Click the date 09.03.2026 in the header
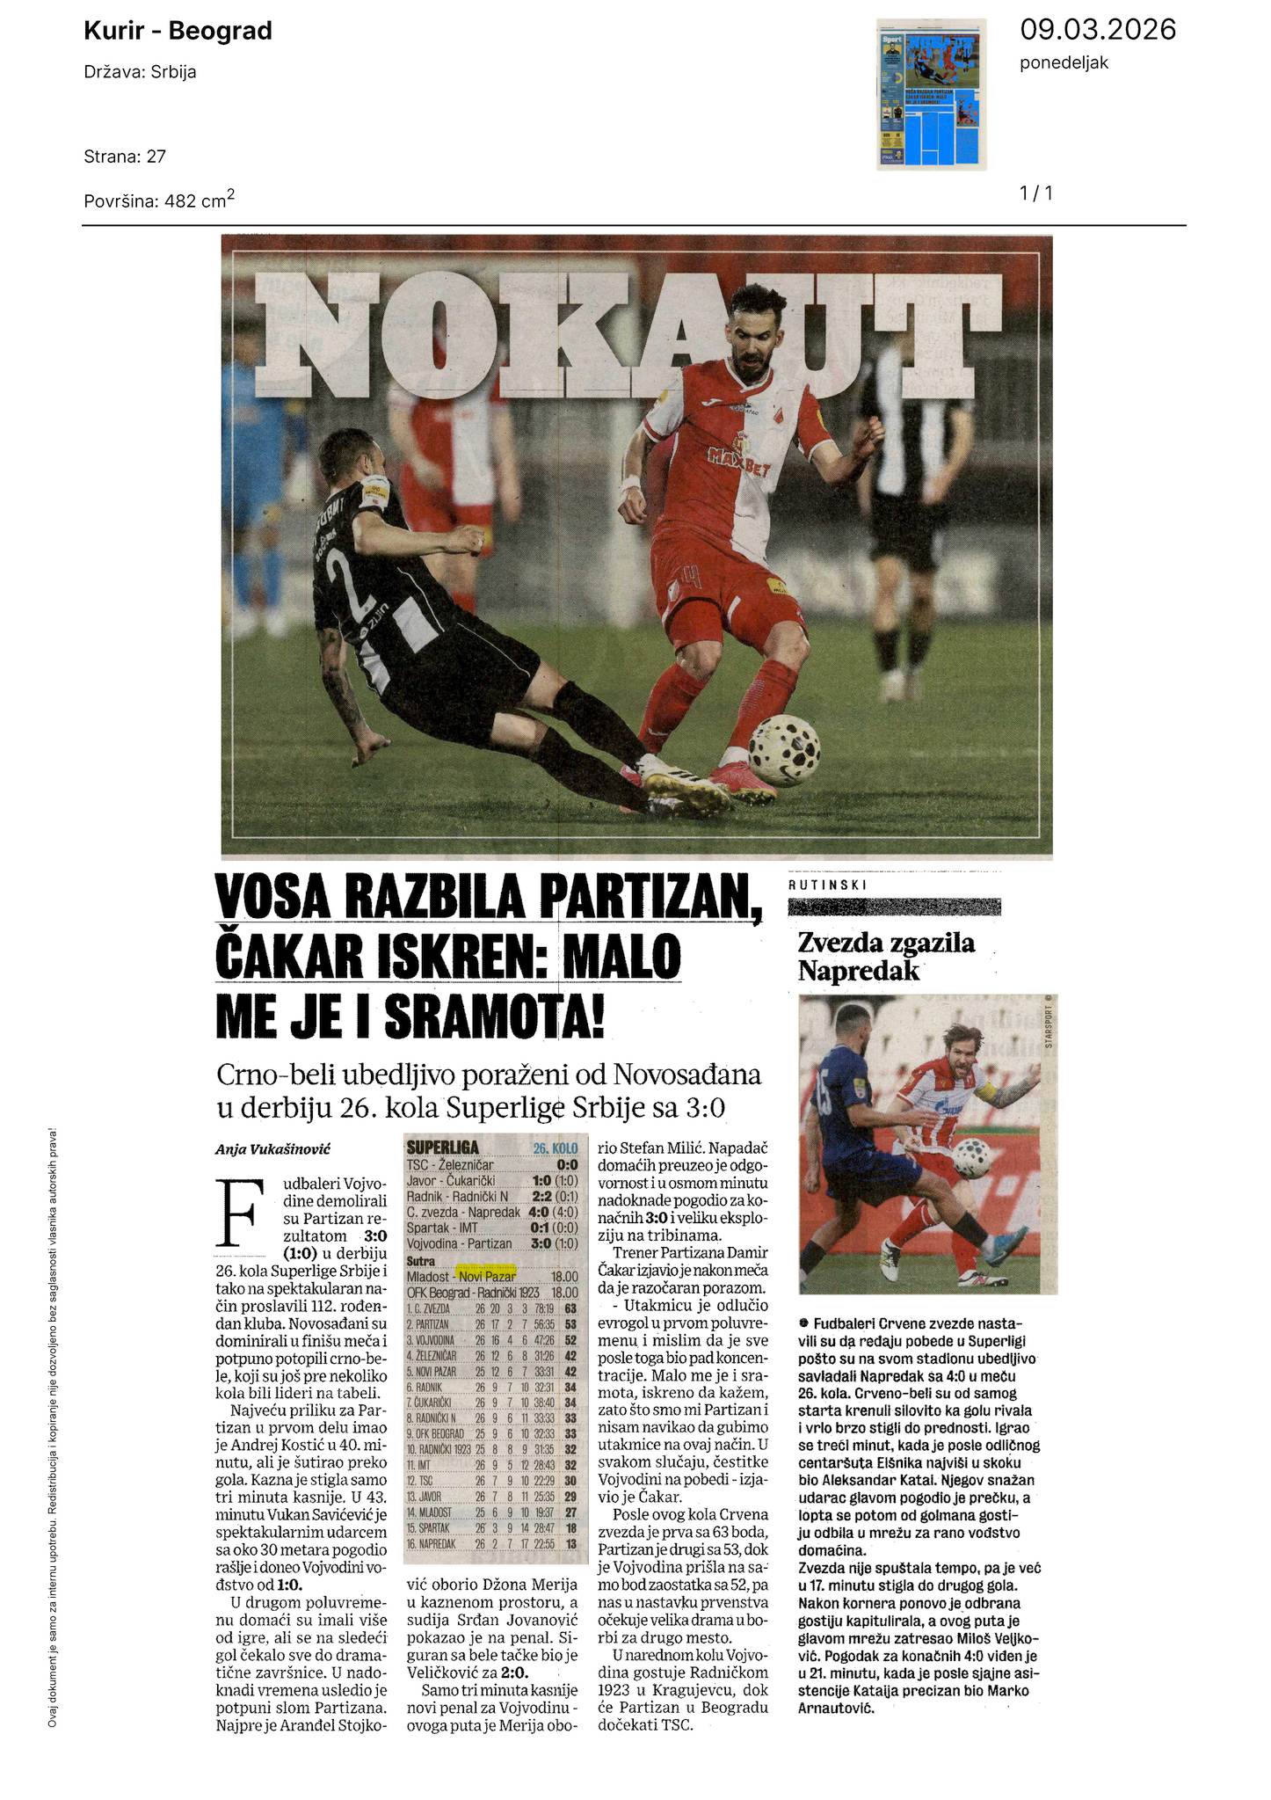1097,30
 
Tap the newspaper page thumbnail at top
932,94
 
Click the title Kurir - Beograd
178,32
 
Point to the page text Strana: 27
125,157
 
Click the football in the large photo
784,749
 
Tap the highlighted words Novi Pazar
484,1276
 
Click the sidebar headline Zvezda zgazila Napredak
886,956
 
